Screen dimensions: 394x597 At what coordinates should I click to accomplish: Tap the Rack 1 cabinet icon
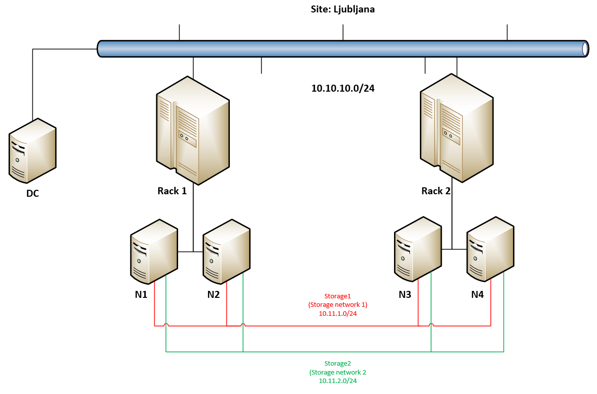click(x=193, y=131)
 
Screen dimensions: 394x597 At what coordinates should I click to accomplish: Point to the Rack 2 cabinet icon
click(x=457, y=128)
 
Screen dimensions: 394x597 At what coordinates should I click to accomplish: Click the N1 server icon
click(x=154, y=251)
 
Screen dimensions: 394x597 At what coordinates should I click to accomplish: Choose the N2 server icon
click(x=226, y=251)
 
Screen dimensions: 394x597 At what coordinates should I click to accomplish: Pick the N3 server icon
click(x=418, y=249)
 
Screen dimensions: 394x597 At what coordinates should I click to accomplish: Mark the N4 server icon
click(x=490, y=249)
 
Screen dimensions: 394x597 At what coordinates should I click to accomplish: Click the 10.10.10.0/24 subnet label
click(x=343, y=89)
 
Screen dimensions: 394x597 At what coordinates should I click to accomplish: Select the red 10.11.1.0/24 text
click(x=338, y=314)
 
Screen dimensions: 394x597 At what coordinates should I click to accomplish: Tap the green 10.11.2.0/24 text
click(x=338, y=381)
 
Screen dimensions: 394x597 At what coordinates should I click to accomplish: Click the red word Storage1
click(x=338, y=295)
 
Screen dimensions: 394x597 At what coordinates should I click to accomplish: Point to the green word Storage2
click(x=338, y=363)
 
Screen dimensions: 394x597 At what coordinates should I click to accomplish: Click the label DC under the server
click(x=32, y=193)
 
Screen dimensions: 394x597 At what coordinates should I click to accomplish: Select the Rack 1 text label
click(x=172, y=191)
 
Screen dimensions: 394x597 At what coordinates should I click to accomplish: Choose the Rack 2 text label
click(x=436, y=191)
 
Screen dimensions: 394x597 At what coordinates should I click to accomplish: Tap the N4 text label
click(x=477, y=294)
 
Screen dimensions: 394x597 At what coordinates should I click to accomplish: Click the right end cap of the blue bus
click(x=586, y=49)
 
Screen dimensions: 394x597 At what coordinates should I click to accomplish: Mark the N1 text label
click(x=141, y=294)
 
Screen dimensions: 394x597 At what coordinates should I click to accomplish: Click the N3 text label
click(x=405, y=294)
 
